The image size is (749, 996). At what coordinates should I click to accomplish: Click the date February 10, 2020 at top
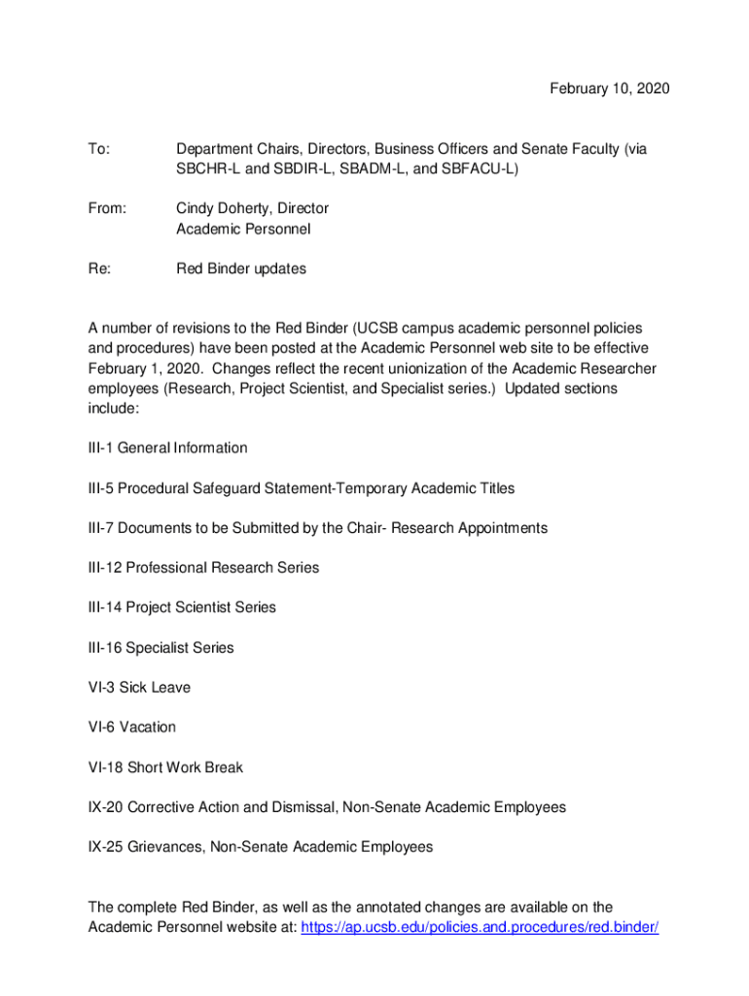click(x=609, y=89)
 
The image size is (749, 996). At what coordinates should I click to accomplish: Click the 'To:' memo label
click(x=99, y=149)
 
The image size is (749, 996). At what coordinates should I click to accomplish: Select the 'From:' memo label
click(x=107, y=208)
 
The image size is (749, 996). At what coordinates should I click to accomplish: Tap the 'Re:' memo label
click(x=99, y=268)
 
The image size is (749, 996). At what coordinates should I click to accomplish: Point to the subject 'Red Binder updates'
click(x=240, y=268)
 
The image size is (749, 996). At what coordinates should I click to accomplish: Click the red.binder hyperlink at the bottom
click(x=480, y=927)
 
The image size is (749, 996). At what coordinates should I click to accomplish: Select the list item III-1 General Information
click(x=167, y=448)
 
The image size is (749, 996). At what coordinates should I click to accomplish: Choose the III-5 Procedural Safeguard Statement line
click(x=301, y=488)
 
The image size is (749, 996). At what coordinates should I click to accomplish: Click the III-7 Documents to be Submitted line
click(x=317, y=528)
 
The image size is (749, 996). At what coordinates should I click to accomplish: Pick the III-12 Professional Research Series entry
click(x=203, y=567)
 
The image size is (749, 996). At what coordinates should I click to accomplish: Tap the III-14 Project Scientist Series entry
click(x=182, y=607)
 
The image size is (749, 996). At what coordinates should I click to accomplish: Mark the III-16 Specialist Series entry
click(x=160, y=647)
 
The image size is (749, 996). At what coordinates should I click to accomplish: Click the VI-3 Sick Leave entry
click(x=139, y=688)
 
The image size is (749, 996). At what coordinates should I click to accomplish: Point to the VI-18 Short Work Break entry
click(x=165, y=767)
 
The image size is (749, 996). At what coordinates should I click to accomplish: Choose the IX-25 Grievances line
click(x=260, y=847)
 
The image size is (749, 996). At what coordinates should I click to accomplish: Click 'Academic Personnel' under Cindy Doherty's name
click(x=243, y=229)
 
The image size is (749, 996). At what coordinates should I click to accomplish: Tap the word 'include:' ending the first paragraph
click(x=114, y=409)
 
